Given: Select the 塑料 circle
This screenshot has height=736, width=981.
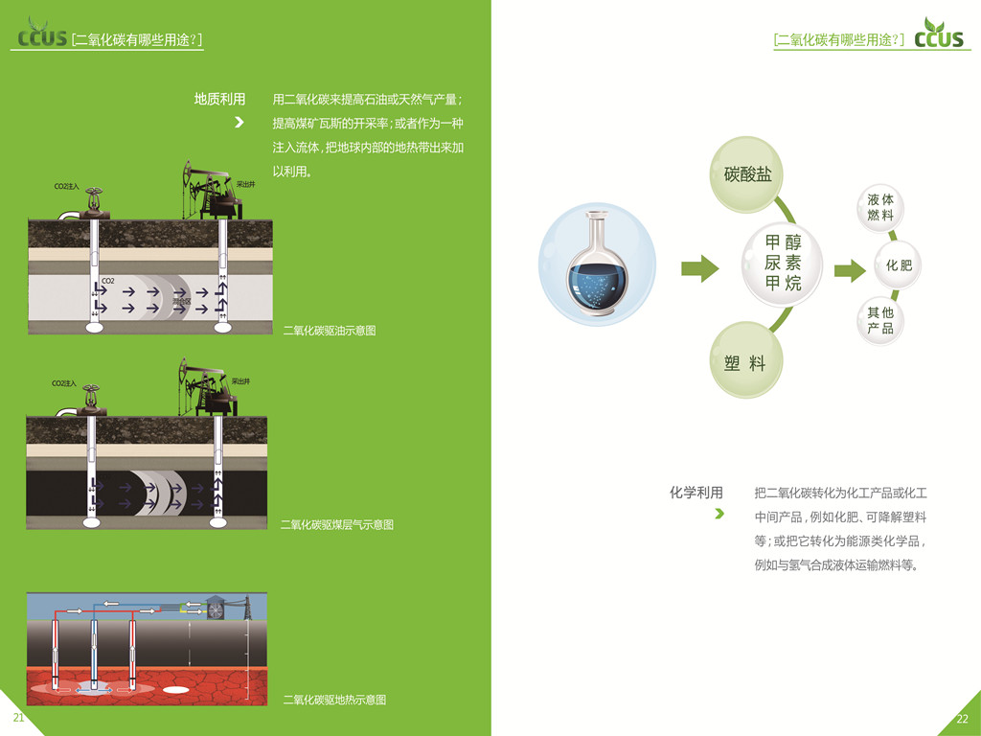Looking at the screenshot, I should click(745, 363).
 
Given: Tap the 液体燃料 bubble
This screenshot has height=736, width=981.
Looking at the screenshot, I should click(880, 207).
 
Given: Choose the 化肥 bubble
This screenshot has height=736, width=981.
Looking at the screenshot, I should click(899, 265).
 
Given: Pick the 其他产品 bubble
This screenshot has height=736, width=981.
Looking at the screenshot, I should click(880, 321).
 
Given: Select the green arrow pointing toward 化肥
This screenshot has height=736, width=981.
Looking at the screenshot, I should click(849, 270).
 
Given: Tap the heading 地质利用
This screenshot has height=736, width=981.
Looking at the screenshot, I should click(219, 99).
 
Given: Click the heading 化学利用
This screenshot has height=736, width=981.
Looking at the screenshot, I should click(696, 493).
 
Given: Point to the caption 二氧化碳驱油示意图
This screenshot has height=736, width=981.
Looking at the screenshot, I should click(330, 331).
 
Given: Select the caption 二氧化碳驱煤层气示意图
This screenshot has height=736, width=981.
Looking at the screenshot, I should click(336, 524).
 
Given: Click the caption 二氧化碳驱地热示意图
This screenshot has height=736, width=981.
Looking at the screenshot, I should click(334, 700).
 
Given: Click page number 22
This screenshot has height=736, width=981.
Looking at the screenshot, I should click(963, 719).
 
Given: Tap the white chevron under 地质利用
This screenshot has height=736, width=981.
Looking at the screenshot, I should click(240, 122).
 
